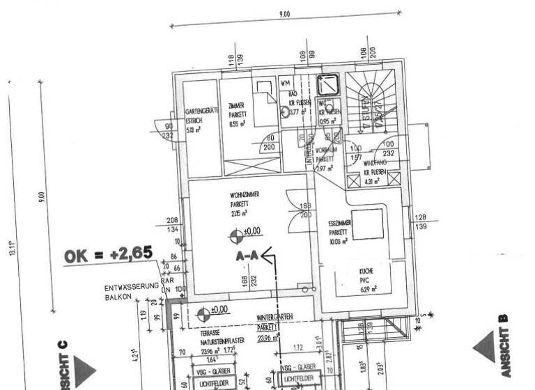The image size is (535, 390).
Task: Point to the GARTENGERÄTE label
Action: pyautogui.click(x=203, y=111)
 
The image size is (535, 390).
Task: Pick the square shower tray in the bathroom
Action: pyautogui.click(x=327, y=85)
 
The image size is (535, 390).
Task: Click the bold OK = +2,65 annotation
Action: pyautogui.click(x=108, y=254)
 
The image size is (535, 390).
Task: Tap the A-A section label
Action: pyautogui.click(x=247, y=256)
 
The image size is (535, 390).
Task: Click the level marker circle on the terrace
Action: pyautogui.click(x=203, y=315)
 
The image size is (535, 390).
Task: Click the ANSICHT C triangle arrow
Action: pyautogui.click(x=84, y=370)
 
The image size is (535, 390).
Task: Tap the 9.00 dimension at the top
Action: pyautogui.click(x=284, y=14)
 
